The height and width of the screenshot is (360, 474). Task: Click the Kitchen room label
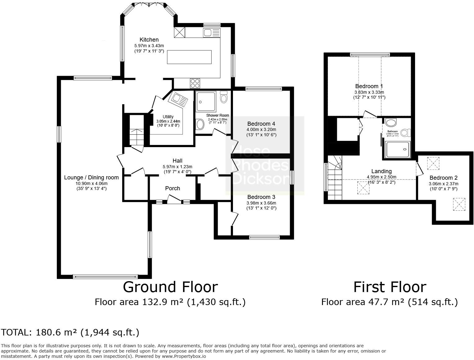tap(149, 40)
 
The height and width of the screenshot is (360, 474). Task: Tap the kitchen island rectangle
tap(189, 57)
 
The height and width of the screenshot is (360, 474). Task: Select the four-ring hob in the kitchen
tap(195, 83)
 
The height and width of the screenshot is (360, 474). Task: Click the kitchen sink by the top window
tap(212, 33)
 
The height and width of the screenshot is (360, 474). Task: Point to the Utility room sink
tap(178, 99)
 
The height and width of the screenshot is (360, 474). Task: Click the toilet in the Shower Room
tap(223, 97)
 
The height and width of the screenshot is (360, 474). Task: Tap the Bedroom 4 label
tap(261, 124)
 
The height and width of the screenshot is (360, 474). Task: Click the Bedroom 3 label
tap(261, 197)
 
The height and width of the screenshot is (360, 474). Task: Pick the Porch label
tap(172, 188)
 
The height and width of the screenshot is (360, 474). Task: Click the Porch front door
tap(174, 200)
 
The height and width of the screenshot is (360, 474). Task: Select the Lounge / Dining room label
tap(91, 178)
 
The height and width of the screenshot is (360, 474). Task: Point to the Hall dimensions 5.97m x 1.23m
tap(177, 166)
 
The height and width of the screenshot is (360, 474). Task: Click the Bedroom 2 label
tap(443, 178)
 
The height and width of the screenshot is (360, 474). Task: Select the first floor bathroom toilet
tap(405, 133)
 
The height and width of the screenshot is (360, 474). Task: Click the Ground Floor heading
tap(170, 287)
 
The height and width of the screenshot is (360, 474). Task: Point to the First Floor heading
tap(390, 287)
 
